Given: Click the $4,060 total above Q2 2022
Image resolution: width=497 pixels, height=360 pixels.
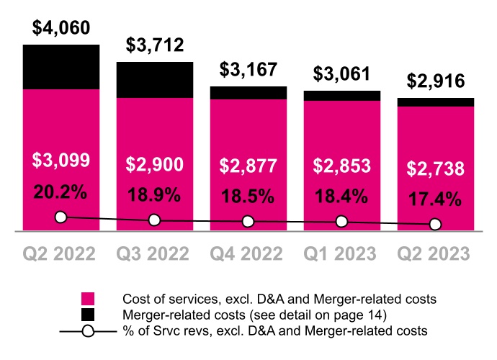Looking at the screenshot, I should click(x=61, y=29).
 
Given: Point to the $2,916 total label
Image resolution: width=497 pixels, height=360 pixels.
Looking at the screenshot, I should click(x=435, y=81).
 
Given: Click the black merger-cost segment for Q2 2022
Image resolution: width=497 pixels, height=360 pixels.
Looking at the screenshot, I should click(x=61, y=67).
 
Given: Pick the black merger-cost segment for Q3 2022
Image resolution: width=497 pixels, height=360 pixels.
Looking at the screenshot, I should click(x=155, y=79).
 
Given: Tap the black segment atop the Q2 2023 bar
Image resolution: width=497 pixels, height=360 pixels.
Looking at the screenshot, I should click(x=435, y=102).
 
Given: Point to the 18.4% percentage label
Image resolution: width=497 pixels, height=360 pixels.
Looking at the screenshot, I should click(x=341, y=196).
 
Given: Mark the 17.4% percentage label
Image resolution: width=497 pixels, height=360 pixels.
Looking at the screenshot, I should click(x=435, y=199).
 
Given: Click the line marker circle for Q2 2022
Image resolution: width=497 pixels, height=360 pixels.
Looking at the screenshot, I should click(x=61, y=217).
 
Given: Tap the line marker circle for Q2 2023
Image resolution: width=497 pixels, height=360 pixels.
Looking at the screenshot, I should click(x=435, y=224).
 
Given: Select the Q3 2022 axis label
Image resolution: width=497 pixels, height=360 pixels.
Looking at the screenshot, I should click(x=155, y=254).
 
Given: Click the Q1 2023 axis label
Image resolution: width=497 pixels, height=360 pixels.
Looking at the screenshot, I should click(x=341, y=254).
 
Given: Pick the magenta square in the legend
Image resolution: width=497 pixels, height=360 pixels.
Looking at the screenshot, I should click(x=88, y=298).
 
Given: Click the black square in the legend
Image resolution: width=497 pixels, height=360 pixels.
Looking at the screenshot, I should click(x=88, y=314).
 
